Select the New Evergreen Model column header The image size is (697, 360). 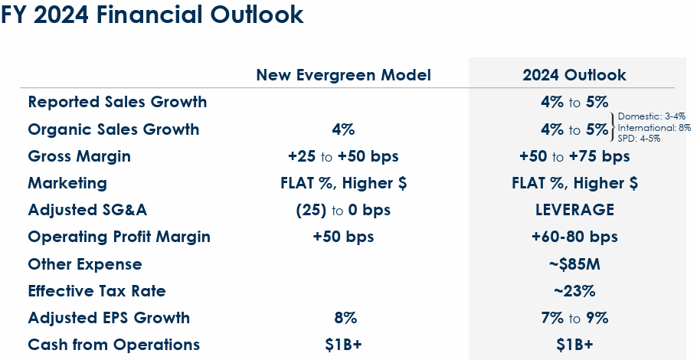pos(343,75)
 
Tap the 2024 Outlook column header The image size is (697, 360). pos(574,75)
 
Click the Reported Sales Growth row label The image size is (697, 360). pos(117,102)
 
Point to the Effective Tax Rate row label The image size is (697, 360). pos(97,291)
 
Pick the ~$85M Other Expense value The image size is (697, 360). pos(574,264)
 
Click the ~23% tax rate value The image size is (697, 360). pos(574,291)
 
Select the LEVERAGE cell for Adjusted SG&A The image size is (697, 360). pos(574,210)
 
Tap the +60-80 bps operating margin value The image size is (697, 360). pos(574,237)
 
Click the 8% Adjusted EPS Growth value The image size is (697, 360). pos(344,318)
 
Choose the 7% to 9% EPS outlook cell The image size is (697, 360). pos(574,318)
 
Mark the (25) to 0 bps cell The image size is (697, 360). pos(343,210)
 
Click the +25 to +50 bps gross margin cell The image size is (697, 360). pos(343,156)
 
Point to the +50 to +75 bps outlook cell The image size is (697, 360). pos(574,156)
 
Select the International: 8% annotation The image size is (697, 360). pos(655,128)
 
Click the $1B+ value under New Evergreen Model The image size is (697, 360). pos(343,345)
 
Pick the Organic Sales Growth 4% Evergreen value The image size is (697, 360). pos(343,129)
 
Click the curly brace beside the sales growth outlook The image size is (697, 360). pos(613,128)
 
